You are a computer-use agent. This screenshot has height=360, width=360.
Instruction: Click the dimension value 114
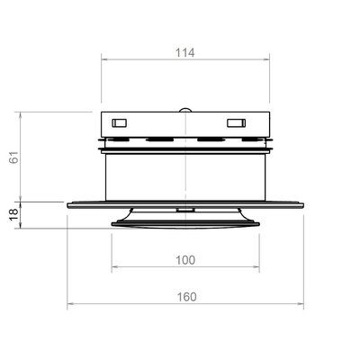pos(184,53)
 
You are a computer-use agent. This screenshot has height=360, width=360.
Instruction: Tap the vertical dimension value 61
pos(14,157)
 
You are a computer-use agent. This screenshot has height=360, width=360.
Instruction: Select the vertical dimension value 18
pos(14,215)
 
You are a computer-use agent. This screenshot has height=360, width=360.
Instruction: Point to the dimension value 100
pos(185,260)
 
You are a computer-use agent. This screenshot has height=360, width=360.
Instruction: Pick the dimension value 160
pos(186,297)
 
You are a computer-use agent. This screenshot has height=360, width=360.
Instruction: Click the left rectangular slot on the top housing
pos(120,122)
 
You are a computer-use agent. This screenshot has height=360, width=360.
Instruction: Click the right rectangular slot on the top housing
pos(236,123)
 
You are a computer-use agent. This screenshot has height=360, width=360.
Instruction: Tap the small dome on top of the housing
pos(185,110)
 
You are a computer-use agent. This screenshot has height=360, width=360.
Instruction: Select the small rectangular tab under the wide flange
pos(185,210)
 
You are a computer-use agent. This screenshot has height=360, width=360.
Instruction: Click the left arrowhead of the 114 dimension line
pos(103,59)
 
